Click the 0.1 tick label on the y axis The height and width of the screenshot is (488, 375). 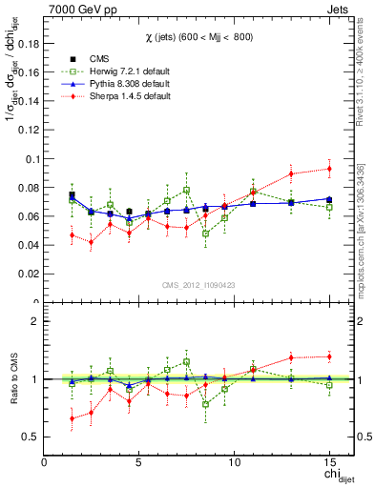[x=31, y=159]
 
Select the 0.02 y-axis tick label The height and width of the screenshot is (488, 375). [x=28, y=274]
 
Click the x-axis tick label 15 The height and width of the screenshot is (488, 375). [x=329, y=463]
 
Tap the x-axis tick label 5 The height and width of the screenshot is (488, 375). [x=139, y=463]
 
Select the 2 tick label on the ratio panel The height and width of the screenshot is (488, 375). [x=35, y=321]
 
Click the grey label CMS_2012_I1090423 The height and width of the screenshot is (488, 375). [x=199, y=284]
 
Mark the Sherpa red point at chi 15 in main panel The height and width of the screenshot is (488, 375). [x=329, y=169]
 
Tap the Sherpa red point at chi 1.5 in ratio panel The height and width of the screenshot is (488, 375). [x=73, y=418]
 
